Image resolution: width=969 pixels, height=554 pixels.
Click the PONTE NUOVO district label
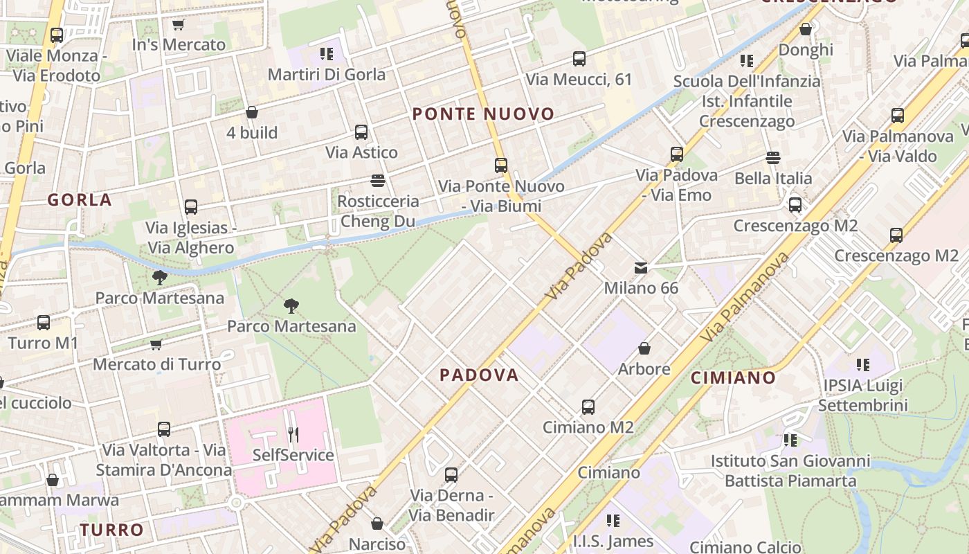(x=483, y=114)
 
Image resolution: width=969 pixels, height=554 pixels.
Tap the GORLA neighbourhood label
(x=80, y=200)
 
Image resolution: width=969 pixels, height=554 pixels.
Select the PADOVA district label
(x=479, y=375)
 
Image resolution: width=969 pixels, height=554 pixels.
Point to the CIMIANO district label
(x=734, y=378)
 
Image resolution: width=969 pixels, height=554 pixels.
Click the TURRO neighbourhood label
(x=112, y=530)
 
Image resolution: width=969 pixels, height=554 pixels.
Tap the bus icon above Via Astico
(x=361, y=132)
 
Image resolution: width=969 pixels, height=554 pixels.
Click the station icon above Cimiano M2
(x=588, y=407)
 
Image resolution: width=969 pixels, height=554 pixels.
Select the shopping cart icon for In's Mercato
(x=179, y=25)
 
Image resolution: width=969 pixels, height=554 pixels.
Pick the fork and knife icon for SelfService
(x=293, y=435)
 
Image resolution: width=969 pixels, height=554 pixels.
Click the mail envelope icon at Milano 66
(x=641, y=267)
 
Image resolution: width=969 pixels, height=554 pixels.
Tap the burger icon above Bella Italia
(x=773, y=158)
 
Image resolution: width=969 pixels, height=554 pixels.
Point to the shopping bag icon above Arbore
(x=644, y=348)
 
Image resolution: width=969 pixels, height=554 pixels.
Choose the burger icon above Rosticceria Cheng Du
(x=378, y=181)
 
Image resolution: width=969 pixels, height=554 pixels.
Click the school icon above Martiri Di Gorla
(x=327, y=54)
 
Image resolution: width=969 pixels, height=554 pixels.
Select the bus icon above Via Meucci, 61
(x=579, y=59)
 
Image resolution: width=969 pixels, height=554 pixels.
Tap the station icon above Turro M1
(x=44, y=323)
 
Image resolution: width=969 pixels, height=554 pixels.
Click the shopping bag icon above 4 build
(x=252, y=112)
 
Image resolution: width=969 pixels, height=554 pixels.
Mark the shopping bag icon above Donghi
(x=806, y=29)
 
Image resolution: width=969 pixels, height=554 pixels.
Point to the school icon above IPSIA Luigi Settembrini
(x=862, y=364)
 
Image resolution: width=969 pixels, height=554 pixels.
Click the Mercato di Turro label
(x=157, y=364)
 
